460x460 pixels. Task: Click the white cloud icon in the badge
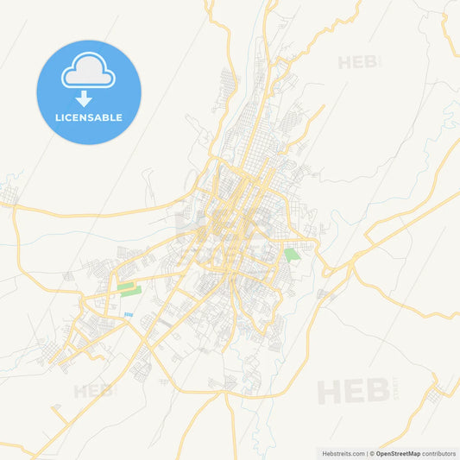point(89,75)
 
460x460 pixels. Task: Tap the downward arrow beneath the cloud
point(89,98)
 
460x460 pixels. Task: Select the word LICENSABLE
point(89,117)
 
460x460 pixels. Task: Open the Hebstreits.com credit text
point(342,453)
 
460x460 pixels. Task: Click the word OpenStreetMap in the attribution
point(398,453)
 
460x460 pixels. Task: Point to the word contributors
point(439,453)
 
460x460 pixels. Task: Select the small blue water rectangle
point(129,314)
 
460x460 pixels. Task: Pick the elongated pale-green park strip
point(129,289)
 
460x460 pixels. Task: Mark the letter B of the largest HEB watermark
point(376,391)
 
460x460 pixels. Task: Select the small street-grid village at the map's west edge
point(9,200)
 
